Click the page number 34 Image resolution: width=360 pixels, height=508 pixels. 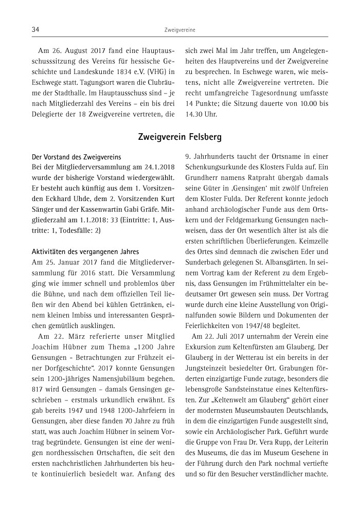[x=36, y=30]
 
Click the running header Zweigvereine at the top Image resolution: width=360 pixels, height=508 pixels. [x=179, y=31]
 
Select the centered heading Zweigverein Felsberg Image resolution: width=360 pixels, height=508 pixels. [x=179, y=137]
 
